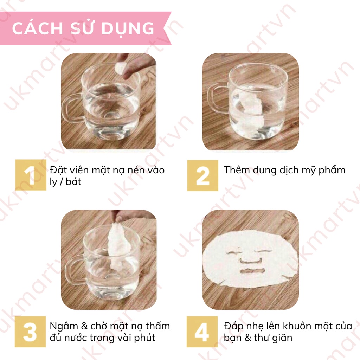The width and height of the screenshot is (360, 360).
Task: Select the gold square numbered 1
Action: pyautogui.click(x=31, y=175)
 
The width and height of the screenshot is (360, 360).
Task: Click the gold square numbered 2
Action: pyautogui.click(x=202, y=175)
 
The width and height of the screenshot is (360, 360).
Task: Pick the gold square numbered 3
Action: pyautogui.click(x=30, y=332)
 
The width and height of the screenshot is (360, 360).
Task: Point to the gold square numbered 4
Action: pyautogui.click(x=202, y=332)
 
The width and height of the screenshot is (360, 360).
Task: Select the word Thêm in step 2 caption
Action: pyautogui.click(x=238, y=170)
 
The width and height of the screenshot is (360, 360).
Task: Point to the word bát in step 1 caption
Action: pyautogui.click(x=74, y=182)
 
